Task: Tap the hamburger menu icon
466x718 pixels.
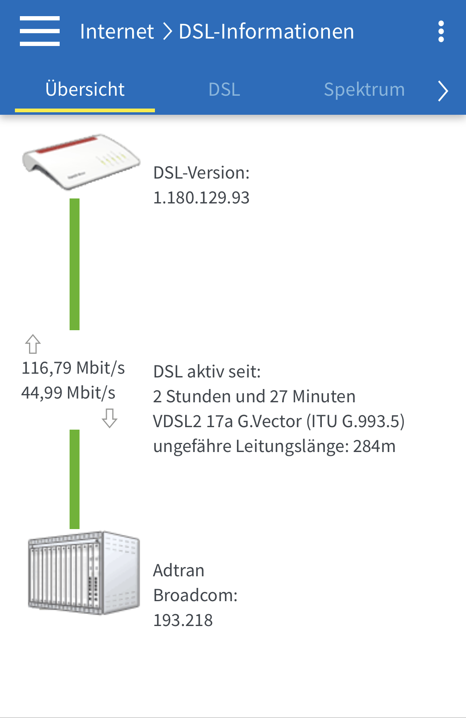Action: coord(40,31)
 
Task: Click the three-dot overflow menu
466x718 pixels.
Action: coord(441,31)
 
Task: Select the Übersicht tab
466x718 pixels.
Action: coord(85,89)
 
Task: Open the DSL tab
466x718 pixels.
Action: coord(224,89)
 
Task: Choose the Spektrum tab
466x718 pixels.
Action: coord(364,89)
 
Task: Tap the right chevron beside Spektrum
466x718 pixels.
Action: coord(443,91)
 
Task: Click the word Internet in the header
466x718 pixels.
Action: coord(117,31)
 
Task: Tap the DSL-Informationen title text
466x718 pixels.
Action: coord(266,31)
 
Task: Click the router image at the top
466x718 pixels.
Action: coord(81,162)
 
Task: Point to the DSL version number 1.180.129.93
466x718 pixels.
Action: coord(201,198)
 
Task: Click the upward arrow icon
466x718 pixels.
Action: coord(33,344)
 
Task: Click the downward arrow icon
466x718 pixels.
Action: coord(110,418)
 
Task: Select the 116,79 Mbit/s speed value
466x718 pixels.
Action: coord(73,368)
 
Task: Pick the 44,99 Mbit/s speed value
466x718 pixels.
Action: coord(68,393)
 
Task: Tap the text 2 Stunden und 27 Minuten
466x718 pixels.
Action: coord(254,396)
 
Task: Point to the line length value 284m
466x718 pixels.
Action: coord(374,447)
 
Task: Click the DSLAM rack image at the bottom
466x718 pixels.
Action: coord(84,573)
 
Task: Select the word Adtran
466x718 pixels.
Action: coord(179,571)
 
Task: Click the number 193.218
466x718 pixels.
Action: coord(183,620)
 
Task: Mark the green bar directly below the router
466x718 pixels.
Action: coord(75,264)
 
